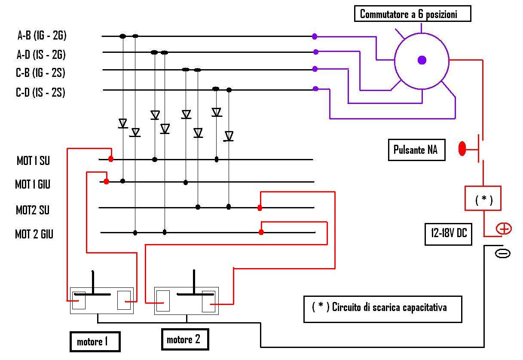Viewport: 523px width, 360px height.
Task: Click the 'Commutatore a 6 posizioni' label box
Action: [x=412, y=14]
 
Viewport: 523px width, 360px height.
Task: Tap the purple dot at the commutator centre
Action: [x=422, y=60]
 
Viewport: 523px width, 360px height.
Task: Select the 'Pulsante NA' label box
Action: [x=416, y=150]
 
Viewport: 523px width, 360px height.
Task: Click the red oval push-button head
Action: [x=462, y=149]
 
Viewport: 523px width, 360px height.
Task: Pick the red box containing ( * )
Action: [x=483, y=198]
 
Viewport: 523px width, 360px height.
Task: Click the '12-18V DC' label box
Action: [x=448, y=234]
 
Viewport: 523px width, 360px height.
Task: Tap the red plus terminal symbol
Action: [x=504, y=229]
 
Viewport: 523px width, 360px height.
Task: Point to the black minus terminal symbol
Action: [x=503, y=253]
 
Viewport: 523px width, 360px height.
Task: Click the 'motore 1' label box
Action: [x=95, y=342]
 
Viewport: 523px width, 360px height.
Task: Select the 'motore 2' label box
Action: [x=185, y=339]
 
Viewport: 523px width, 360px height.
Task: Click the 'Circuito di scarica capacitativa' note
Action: [x=382, y=309]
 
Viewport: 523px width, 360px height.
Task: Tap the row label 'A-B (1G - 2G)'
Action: [x=42, y=35]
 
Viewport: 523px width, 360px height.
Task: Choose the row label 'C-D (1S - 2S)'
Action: [x=40, y=92]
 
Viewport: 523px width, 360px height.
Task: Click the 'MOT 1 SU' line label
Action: [x=33, y=161]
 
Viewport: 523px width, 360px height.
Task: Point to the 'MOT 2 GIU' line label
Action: [x=34, y=234]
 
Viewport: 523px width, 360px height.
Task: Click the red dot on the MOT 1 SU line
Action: [x=111, y=159]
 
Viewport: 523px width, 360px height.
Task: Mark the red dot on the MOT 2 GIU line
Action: [x=261, y=232]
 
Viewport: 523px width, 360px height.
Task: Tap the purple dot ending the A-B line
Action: [x=315, y=37]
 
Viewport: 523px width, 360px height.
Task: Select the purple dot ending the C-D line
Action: [x=315, y=88]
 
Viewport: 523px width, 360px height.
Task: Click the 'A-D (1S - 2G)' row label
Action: [x=41, y=55]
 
